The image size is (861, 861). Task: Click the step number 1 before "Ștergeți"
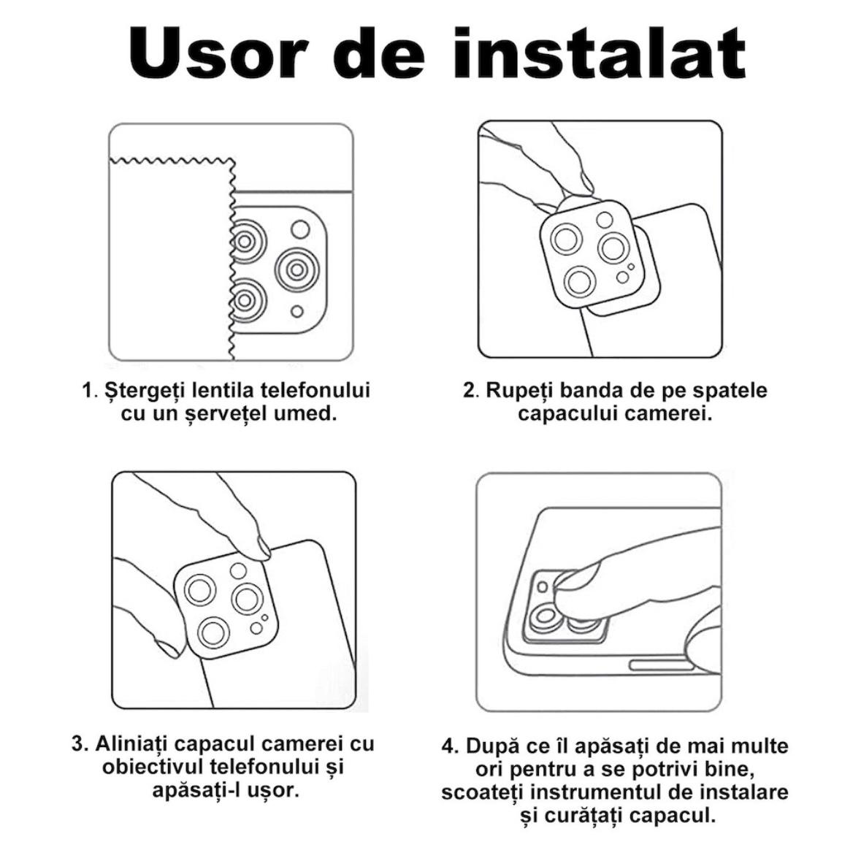click(88, 391)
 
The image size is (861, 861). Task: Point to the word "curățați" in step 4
click(583, 816)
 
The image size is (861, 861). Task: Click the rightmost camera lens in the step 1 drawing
click(297, 269)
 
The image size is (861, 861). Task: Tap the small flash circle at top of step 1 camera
click(300, 229)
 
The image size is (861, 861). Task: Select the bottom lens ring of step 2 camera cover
click(579, 283)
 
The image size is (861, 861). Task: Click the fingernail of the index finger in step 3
click(264, 548)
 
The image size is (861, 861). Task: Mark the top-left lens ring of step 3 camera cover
click(199, 590)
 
